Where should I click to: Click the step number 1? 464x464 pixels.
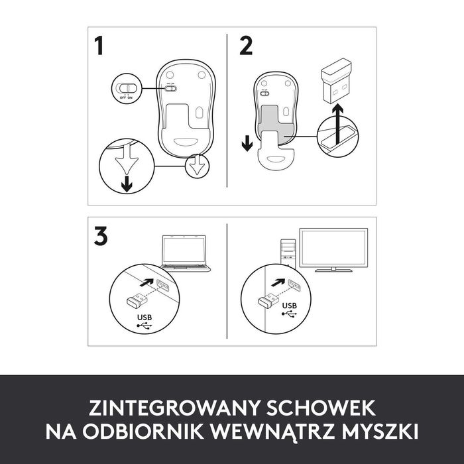pos(99,47)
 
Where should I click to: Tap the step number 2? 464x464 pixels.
pos(246,46)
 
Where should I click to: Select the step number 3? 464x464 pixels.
pos(101,237)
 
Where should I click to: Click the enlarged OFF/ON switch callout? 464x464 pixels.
pos(124,87)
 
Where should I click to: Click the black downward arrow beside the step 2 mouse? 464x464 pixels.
pos(247,143)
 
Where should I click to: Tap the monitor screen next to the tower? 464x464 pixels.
pos(333,248)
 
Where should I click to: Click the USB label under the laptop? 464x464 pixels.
pos(145,319)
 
